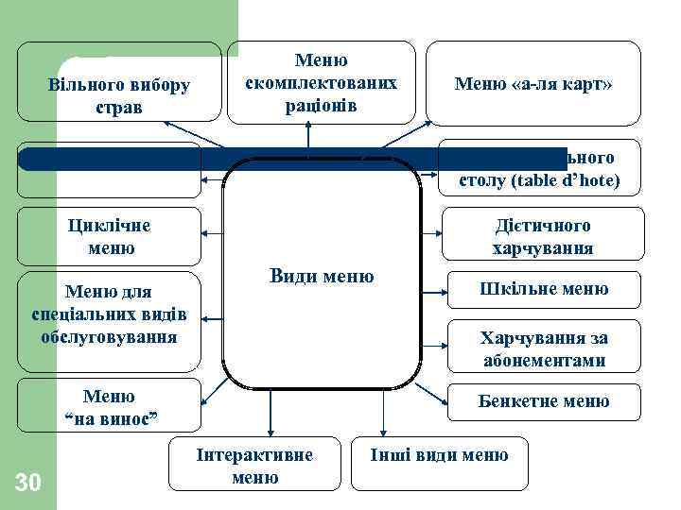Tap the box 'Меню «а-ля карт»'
[533, 84]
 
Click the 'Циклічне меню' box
[110, 236]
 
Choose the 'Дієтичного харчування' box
[542, 236]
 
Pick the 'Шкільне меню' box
[542, 289]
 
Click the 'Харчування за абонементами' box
[543, 349]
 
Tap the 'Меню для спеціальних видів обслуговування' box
[110, 312]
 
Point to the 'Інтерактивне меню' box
[254, 466]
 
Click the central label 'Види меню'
[322, 277]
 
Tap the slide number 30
[28, 484]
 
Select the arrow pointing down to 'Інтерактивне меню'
[271, 416]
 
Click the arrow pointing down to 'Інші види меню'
[384, 416]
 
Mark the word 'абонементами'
[543, 361]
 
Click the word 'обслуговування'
[110, 335]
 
